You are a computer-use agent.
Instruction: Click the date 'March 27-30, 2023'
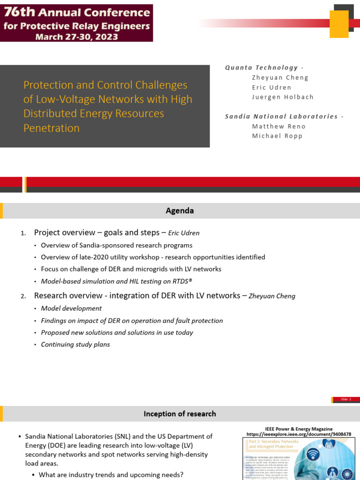[77, 37]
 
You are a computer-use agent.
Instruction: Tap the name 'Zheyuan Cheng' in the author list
[280, 77]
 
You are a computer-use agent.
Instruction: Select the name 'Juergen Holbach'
[283, 97]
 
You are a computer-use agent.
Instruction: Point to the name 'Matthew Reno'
[278, 126]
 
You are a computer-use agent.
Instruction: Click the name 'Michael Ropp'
[277, 136]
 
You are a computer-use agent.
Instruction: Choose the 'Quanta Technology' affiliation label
[262, 67]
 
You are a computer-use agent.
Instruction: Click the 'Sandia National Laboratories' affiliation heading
[281, 116]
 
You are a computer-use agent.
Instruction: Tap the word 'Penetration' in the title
[52, 128]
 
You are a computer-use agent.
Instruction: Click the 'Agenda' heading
[180, 211]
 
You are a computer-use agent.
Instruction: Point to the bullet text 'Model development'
[71, 308]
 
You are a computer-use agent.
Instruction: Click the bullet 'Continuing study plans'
[75, 345]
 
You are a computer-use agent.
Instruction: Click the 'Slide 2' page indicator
[345, 399]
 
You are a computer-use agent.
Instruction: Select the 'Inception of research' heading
[180, 414]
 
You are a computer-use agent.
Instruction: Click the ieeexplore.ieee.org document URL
[299, 435]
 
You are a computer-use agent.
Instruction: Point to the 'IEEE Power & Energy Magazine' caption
[299, 429]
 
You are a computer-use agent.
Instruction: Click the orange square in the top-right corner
[339, 23]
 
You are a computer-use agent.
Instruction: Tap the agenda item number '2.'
[23, 296]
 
